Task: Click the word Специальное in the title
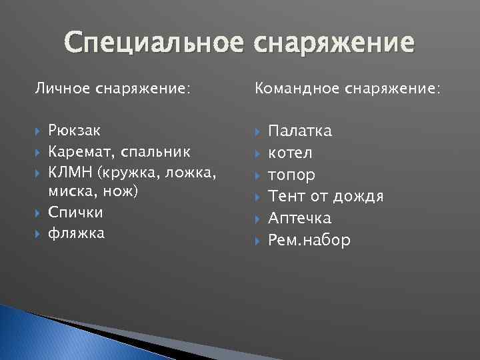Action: tap(156, 45)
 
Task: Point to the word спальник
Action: tap(155, 153)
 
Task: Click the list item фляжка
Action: tap(76, 234)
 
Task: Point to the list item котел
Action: tap(289, 153)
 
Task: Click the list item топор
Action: tap(291, 175)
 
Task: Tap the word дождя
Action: tap(361, 197)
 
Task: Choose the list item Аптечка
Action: tap(299, 218)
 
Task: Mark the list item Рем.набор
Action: tap(309, 240)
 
